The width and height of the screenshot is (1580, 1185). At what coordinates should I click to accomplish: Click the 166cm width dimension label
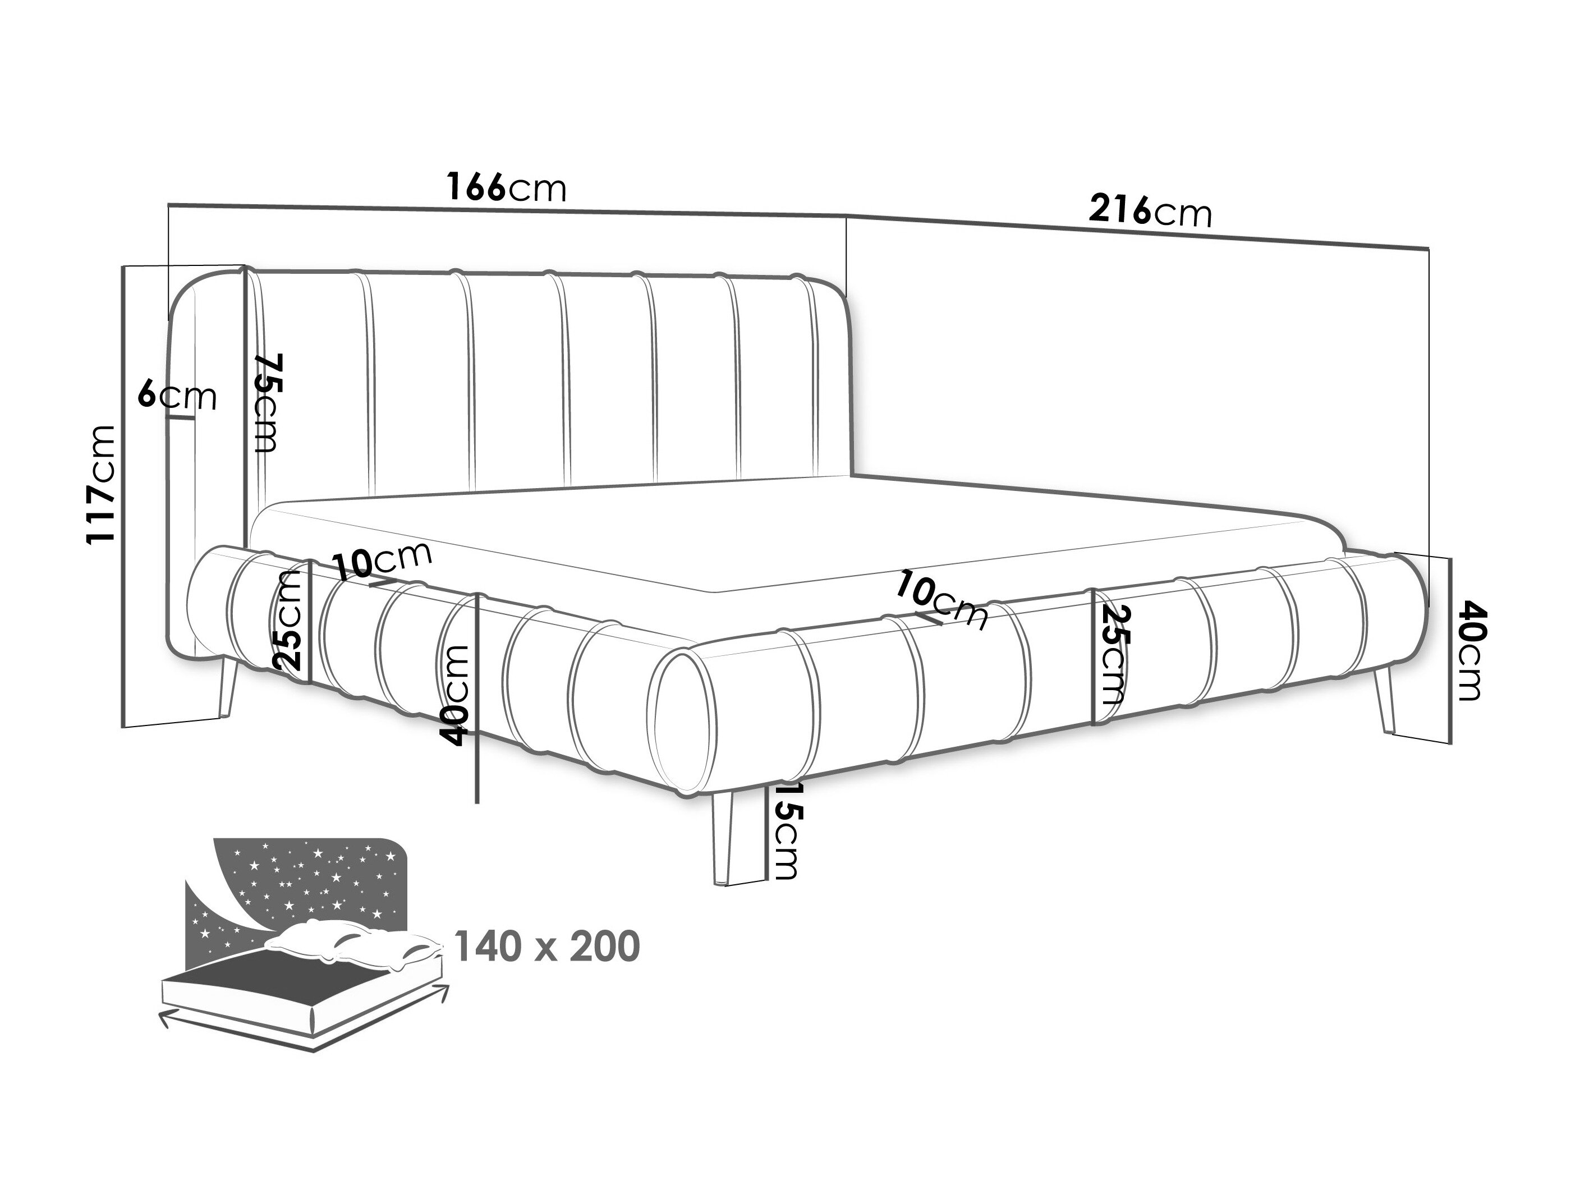pyautogui.click(x=507, y=188)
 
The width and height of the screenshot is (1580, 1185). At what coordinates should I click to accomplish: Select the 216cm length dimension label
pyautogui.click(x=1150, y=211)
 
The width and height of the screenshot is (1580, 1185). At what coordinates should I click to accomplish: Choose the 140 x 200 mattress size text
pyautogui.click(x=547, y=947)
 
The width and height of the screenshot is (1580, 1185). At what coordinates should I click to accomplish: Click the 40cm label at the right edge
pyautogui.click(x=1470, y=651)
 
